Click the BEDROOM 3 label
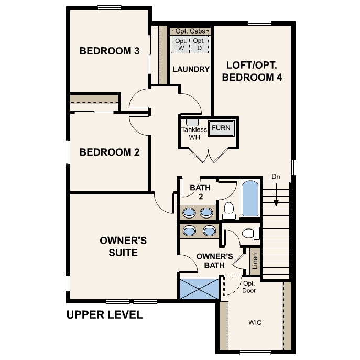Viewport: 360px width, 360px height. coord(109,51)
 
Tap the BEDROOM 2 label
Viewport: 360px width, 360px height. coord(109,152)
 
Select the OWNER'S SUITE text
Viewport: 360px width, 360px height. coord(124,247)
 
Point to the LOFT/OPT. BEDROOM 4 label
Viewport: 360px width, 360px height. coord(252,72)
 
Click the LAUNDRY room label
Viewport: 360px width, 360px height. coord(191,69)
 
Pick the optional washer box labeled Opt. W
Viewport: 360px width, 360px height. coord(181,44)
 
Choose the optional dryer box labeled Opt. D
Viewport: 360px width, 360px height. coord(199,44)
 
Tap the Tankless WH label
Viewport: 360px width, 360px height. coord(194,134)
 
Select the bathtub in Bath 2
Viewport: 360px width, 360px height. coord(250,199)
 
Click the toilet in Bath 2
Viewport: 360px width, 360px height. coord(228,210)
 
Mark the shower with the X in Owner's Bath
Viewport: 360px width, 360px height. coord(198,289)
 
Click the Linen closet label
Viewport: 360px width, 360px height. coord(255,260)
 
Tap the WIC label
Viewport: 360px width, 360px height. coord(255,322)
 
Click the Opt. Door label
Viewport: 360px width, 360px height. coord(249,287)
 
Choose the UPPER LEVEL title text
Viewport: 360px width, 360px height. coord(104,315)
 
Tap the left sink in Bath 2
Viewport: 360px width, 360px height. coord(189,212)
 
